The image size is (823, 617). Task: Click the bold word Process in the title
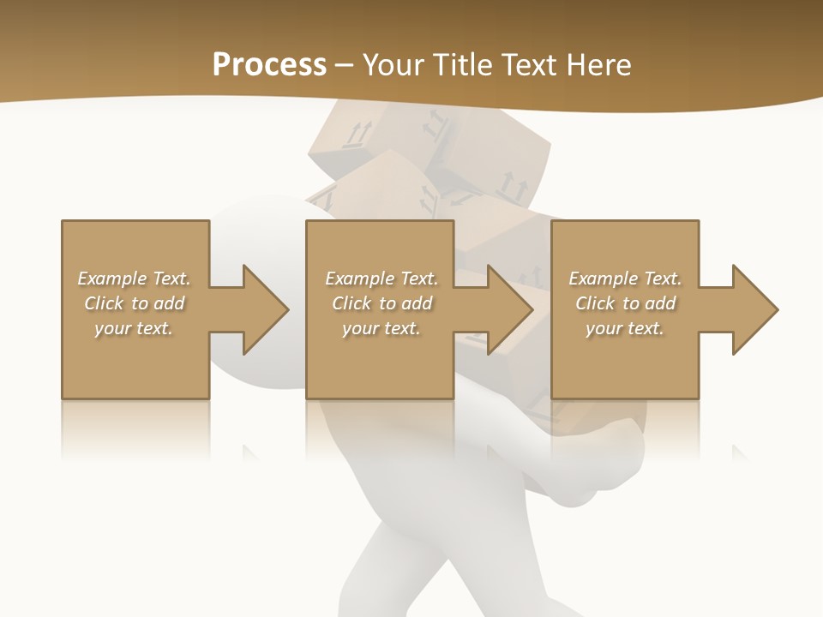click(269, 65)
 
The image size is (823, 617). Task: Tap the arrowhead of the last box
click(754, 309)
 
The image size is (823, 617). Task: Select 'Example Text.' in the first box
click(134, 279)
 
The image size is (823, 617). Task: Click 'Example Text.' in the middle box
click(381, 279)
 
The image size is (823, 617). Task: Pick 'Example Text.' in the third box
click(625, 279)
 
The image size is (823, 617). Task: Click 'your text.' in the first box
click(134, 328)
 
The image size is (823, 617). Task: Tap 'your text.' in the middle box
click(381, 328)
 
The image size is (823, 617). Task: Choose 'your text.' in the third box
click(625, 328)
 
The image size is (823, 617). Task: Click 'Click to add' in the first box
click(134, 303)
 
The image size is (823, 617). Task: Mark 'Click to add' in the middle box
click(381, 303)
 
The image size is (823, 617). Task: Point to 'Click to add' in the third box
click(625, 303)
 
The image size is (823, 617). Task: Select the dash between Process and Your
click(344, 65)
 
